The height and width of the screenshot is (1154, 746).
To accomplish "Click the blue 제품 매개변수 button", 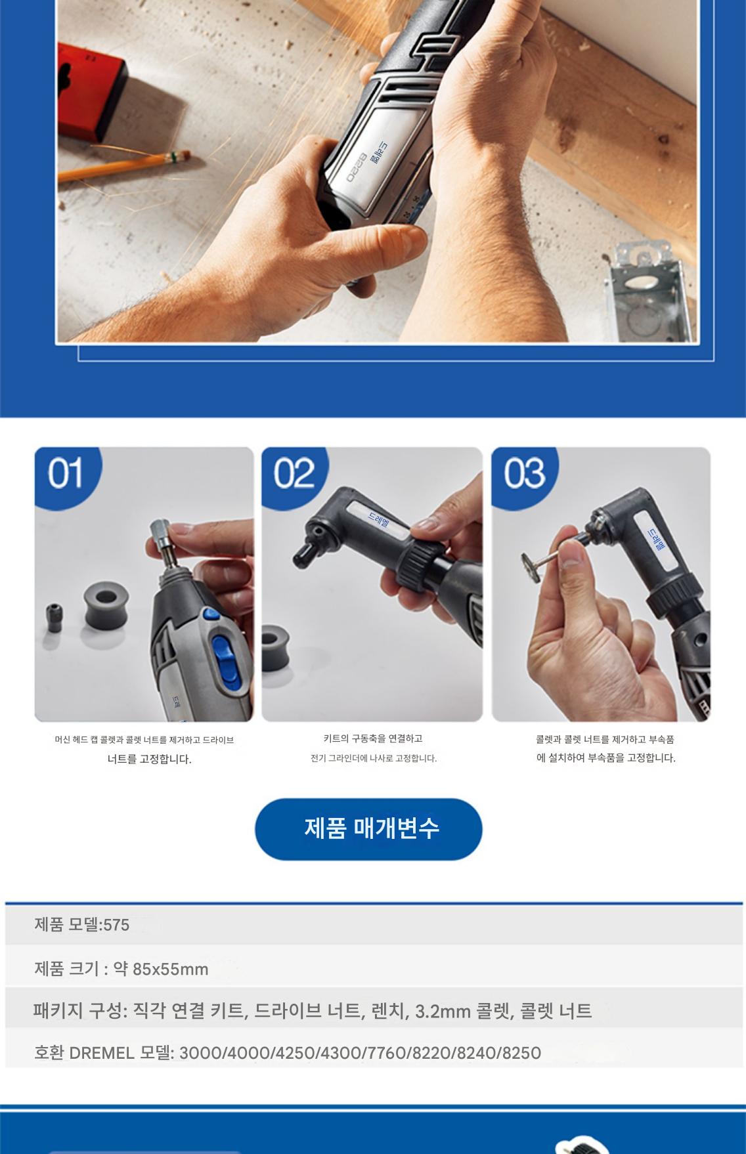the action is point(368,828).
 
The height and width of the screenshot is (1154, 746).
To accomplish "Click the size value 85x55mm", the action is point(170,969).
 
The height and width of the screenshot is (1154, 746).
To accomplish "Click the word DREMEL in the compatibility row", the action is point(102,1053).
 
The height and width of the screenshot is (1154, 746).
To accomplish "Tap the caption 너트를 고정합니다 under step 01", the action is point(150,759).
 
